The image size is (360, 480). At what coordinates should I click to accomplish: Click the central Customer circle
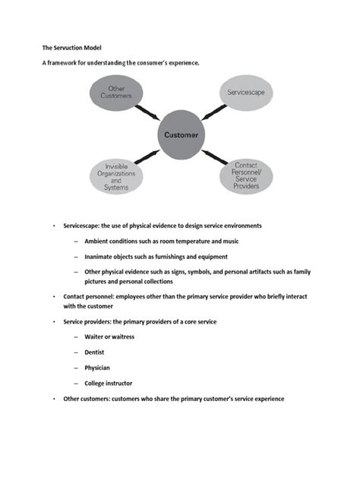pos(182,136)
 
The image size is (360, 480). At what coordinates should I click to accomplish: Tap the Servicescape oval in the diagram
pos(245,93)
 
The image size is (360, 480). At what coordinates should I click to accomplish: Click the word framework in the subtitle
pos(64,63)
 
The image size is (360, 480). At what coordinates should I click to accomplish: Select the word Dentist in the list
pos(96,352)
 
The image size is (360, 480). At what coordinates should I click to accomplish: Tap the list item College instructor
pos(109,383)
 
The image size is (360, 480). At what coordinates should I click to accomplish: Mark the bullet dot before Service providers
pos(54,322)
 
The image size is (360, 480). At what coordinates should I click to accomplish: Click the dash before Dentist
pos(76,352)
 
